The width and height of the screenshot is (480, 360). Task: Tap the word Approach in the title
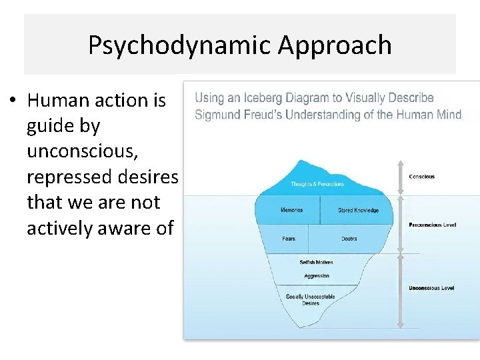(x=335, y=46)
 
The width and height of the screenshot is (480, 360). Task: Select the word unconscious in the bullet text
(x=81, y=151)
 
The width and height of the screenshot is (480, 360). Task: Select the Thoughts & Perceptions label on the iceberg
(x=318, y=184)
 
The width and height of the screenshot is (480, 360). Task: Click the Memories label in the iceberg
(x=291, y=211)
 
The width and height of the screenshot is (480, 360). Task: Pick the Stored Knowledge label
(x=358, y=211)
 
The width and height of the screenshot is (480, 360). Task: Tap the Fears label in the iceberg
(x=289, y=239)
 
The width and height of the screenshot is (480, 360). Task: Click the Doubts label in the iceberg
(x=349, y=239)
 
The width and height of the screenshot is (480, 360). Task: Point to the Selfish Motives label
(x=317, y=263)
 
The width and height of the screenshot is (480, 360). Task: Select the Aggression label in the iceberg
(x=317, y=276)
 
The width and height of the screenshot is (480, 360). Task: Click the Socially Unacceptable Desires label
(x=311, y=300)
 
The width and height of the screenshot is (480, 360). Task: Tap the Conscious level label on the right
(x=422, y=177)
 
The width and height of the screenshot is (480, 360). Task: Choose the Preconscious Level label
(x=432, y=225)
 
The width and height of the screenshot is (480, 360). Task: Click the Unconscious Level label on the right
(x=431, y=288)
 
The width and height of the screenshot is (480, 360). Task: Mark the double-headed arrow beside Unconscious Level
(x=400, y=291)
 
